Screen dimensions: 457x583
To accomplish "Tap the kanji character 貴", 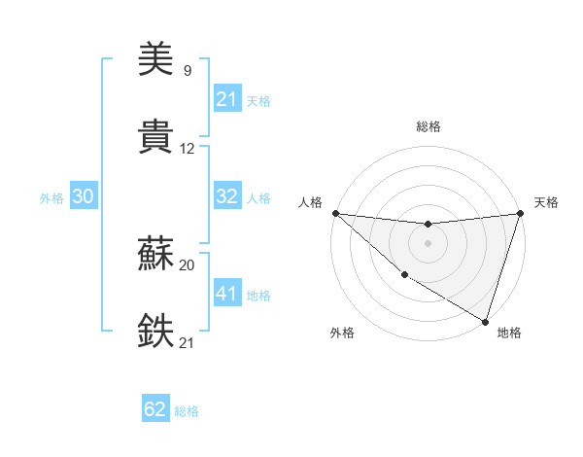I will (155, 136).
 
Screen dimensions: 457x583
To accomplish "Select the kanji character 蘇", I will (155, 255).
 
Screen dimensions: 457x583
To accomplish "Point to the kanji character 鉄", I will (155, 331).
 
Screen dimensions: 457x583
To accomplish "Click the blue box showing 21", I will (227, 98).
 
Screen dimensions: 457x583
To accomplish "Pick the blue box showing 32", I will (227, 196).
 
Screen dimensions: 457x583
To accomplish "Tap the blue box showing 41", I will (227, 293).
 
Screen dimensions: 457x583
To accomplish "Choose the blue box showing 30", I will (83, 196).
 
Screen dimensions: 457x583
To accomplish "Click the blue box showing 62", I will (155, 409).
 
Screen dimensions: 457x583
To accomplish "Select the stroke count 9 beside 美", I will (187, 70).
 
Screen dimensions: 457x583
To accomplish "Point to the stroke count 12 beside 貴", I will (188, 149).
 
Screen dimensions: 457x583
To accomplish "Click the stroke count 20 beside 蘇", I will (188, 264).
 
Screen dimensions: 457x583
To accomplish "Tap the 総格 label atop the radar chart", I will (429, 126).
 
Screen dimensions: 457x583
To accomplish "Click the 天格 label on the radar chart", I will (546, 202).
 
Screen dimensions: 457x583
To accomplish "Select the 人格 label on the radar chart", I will (310, 202).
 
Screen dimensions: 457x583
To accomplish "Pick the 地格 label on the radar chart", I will (509, 333).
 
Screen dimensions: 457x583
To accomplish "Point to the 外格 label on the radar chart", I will (342, 333).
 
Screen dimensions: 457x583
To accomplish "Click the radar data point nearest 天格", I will (521, 213).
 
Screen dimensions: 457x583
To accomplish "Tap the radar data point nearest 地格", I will (485, 321).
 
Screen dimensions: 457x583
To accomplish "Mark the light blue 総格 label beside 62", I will (187, 410).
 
